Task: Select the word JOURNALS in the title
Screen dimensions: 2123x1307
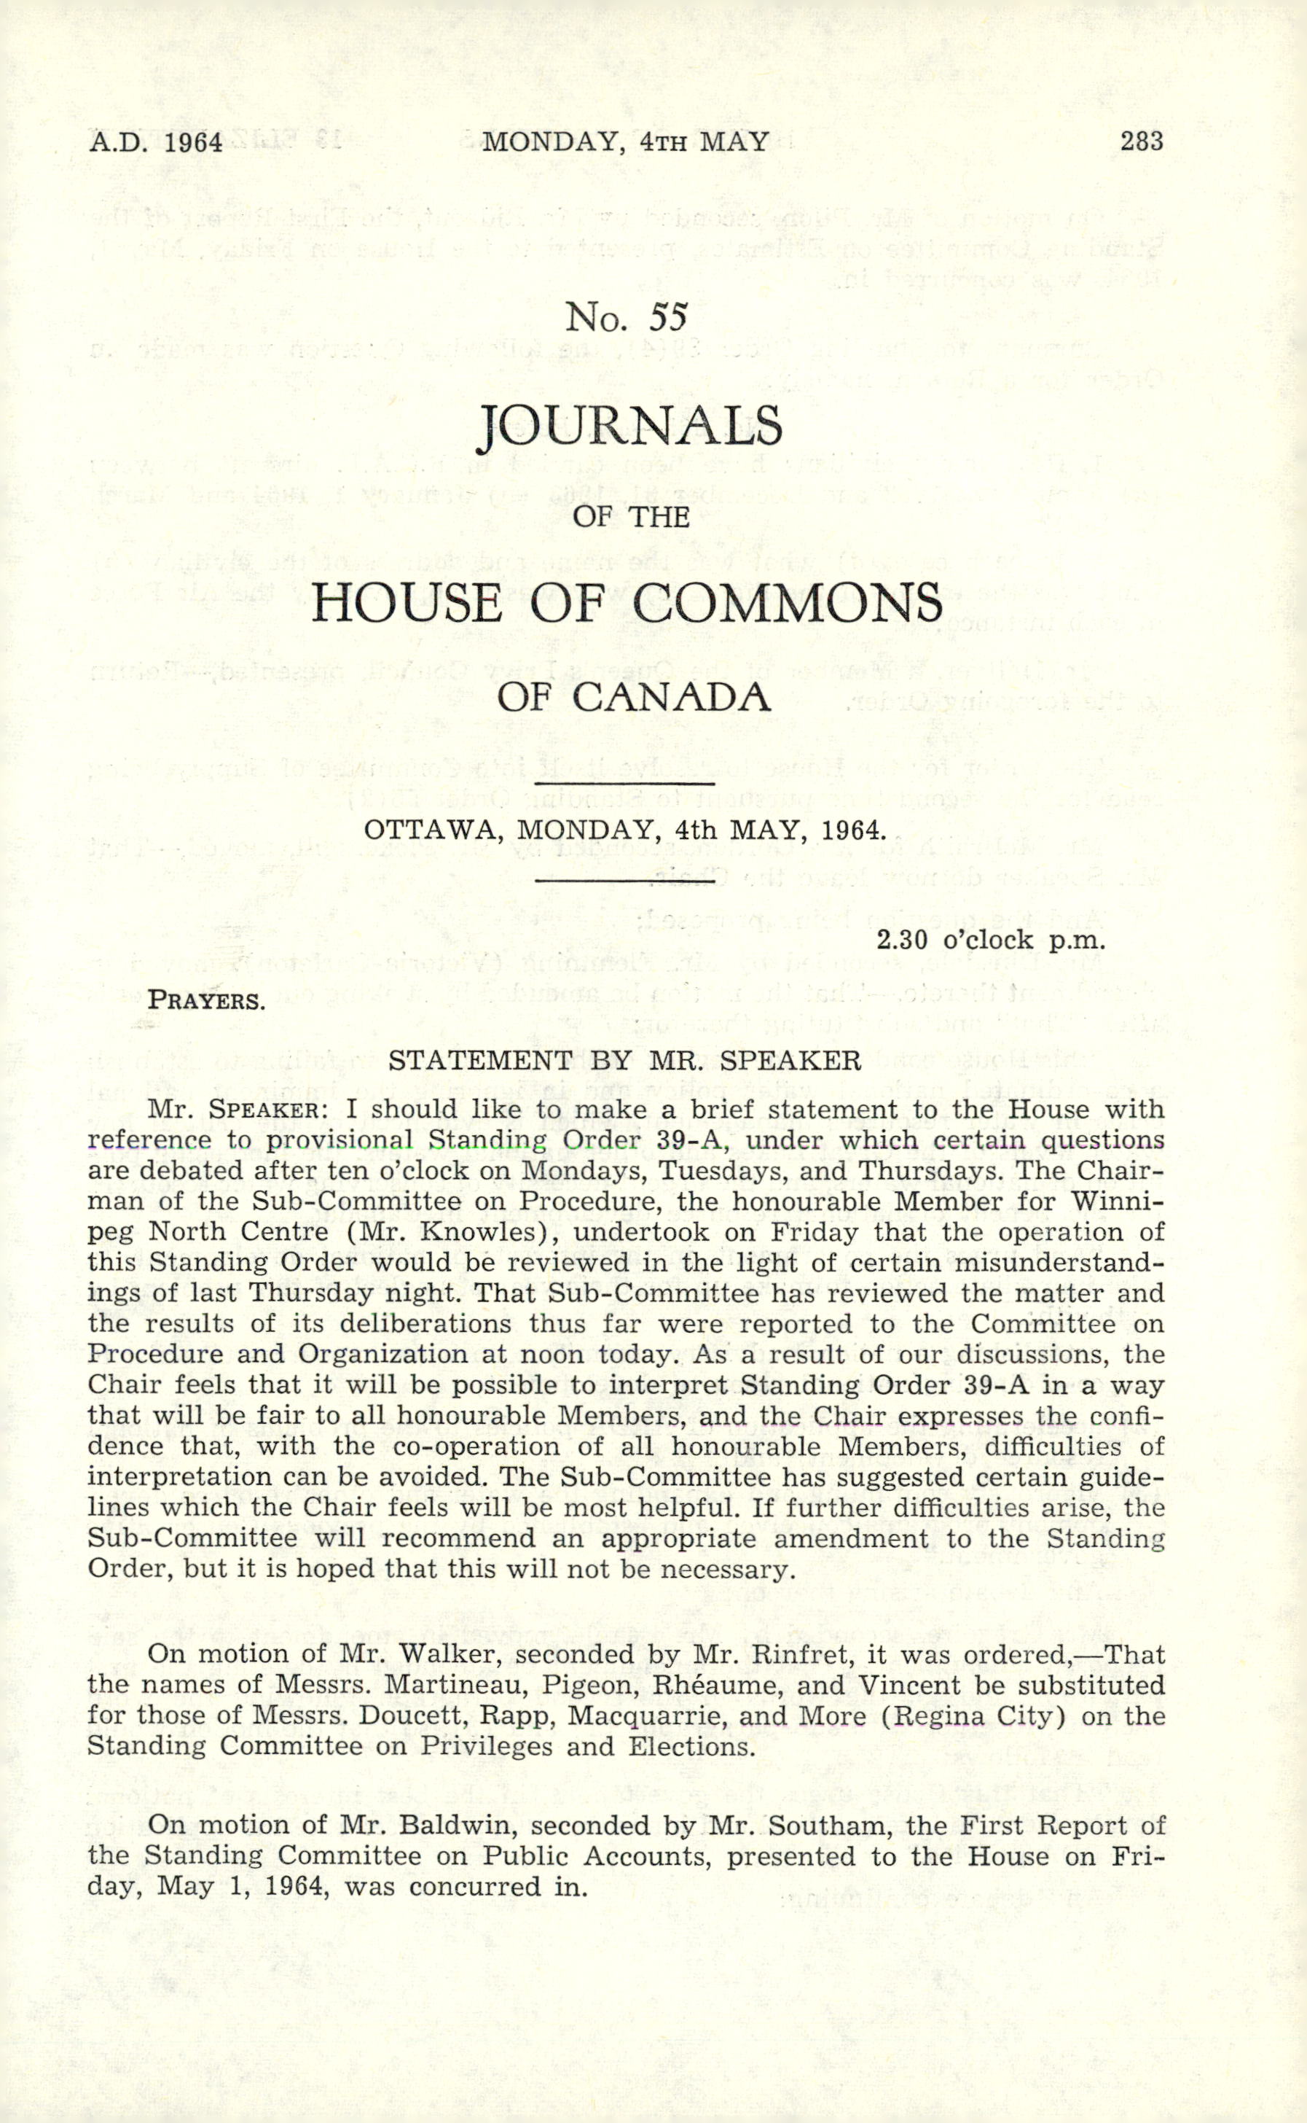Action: pos(630,428)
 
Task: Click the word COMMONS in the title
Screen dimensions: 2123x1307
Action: pos(788,603)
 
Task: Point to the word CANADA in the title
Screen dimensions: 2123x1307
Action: pos(672,697)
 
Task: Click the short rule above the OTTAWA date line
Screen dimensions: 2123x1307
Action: pos(624,785)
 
